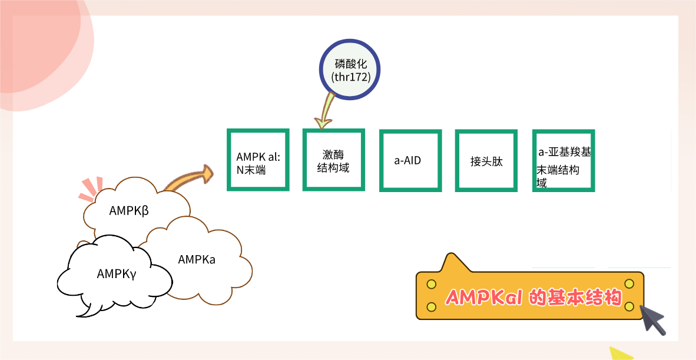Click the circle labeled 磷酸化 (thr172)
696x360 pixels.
coord(351,70)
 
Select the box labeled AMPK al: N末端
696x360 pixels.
coord(258,160)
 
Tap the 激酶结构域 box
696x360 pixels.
coord(333,160)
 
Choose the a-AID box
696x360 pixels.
coord(410,160)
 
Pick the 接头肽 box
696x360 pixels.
coord(486,160)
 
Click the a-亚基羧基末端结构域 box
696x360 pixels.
coord(563,160)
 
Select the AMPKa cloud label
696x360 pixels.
coord(197,259)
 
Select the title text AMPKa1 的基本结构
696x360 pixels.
coord(533,297)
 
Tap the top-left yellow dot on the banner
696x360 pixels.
coord(431,284)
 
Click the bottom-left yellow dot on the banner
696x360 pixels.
coord(431,306)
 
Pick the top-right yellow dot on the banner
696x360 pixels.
coord(629,284)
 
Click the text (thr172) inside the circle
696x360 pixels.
coord(351,77)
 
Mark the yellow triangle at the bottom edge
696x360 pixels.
coord(619,353)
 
